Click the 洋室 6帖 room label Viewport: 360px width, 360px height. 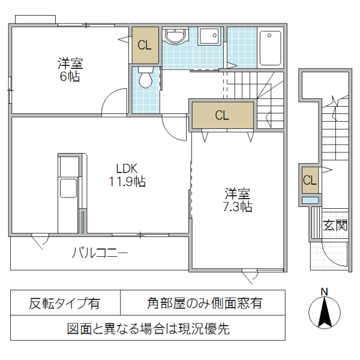[70, 70]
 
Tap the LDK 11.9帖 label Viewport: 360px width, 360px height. [127, 175]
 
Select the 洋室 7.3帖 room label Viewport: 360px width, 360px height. [238, 200]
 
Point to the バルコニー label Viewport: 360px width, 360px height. [100, 253]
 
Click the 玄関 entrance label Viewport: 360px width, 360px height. [335, 226]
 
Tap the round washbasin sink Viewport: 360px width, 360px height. [176, 37]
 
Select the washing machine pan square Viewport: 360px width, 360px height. [210, 37]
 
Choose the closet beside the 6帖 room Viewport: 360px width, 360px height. [145, 45]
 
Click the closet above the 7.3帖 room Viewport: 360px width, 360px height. [222, 116]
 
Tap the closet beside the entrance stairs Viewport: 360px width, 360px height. [310, 180]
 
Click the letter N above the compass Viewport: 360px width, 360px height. [324, 292]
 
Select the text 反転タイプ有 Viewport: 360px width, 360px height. [65, 304]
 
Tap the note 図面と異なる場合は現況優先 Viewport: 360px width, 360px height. [148, 329]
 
